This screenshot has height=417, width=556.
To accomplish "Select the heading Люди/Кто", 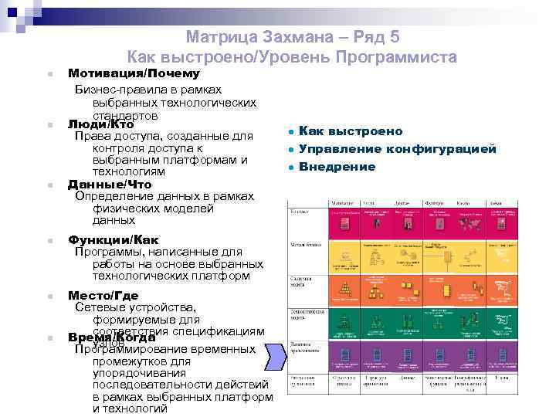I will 101,124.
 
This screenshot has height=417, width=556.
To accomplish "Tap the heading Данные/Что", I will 110,185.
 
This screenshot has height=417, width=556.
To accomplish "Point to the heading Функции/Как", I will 113,239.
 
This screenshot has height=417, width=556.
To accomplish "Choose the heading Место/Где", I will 103,295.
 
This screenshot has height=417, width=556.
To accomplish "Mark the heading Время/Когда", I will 113,337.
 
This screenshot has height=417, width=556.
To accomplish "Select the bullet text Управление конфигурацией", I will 397,149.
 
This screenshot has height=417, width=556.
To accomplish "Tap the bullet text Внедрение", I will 337,167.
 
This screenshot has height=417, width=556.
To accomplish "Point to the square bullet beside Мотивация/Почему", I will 49,75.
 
